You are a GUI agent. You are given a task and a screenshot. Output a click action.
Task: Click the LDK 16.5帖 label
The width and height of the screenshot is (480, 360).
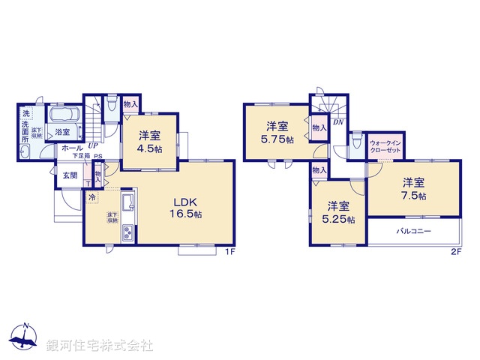click(x=188, y=208)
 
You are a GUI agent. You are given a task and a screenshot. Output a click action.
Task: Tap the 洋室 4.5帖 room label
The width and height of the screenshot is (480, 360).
click(x=149, y=142)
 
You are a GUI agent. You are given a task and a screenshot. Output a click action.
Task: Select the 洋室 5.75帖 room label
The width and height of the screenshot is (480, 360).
click(x=277, y=132)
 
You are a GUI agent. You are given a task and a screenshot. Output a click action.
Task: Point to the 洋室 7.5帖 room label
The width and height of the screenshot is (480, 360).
click(x=413, y=188)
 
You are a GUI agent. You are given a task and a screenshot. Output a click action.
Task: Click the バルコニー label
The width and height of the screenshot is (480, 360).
click(x=413, y=231)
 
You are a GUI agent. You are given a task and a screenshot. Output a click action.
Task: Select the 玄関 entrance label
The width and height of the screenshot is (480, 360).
click(x=69, y=175)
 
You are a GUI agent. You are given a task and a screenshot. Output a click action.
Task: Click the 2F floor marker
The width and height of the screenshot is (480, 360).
click(x=455, y=252)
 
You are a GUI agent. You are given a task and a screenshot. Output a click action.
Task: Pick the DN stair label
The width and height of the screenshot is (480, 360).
click(x=337, y=122)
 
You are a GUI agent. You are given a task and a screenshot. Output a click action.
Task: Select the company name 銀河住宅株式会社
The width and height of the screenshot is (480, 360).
click(x=100, y=345)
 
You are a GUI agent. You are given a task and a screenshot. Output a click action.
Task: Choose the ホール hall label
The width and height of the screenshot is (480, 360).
click(x=73, y=148)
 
